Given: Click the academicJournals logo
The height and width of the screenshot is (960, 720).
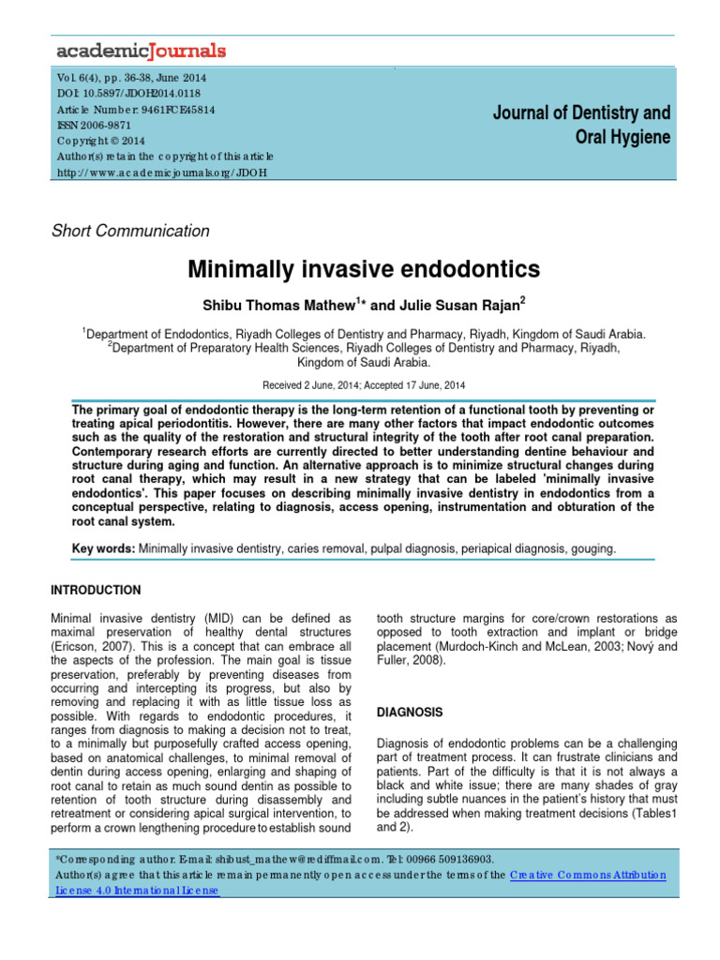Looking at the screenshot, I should (141, 49).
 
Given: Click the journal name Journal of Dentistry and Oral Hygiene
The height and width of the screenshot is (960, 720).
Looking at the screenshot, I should (582, 125).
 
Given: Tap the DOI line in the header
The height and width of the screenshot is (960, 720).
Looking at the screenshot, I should (128, 93).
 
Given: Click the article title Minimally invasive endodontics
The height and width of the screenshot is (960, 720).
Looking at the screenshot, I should (365, 270).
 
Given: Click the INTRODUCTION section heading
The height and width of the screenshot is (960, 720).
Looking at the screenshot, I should (94, 590).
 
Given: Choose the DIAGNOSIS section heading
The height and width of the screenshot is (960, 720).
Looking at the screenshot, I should (409, 712).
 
